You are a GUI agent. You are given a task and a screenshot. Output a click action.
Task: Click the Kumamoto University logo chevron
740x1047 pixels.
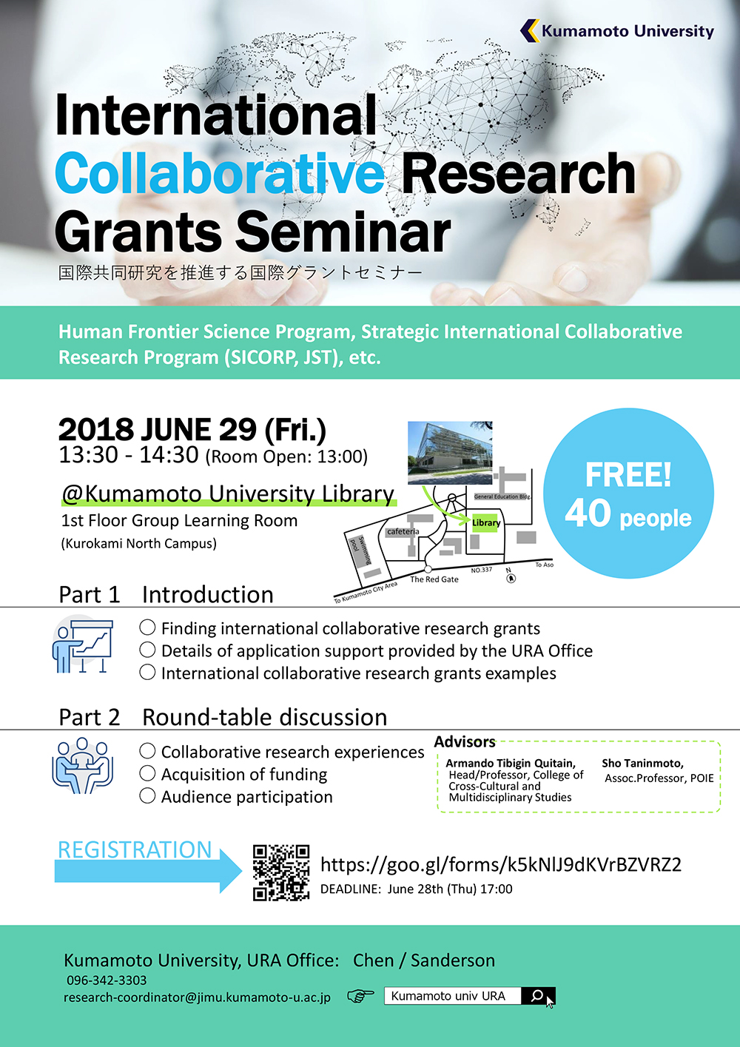coord(530,30)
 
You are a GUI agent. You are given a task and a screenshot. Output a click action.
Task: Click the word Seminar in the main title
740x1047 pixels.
coord(343,232)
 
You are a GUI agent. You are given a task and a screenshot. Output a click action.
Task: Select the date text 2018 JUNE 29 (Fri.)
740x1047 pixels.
coord(192,430)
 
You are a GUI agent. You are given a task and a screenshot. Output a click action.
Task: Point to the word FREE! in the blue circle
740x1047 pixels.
coord(628,474)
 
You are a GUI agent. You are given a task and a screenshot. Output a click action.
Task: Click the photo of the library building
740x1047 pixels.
coord(450,452)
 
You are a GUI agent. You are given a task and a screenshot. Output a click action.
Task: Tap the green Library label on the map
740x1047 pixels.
coord(485,522)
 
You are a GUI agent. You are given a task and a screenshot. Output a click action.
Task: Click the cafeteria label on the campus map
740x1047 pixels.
coord(403,531)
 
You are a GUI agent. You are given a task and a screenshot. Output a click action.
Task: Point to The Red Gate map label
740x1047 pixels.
coord(434,579)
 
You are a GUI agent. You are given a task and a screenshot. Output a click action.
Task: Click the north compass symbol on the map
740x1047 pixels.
coord(511,578)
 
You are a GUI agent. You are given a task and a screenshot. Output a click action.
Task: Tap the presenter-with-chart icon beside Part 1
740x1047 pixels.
coord(82,646)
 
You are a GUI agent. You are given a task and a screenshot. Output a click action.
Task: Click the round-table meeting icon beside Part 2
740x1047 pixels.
coord(82,766)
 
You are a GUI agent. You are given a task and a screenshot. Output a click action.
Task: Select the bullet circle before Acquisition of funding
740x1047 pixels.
coord(147,773)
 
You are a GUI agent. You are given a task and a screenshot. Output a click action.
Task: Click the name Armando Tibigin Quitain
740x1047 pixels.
coord(510,764)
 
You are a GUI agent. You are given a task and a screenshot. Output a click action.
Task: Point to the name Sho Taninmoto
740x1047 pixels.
coord(642,764)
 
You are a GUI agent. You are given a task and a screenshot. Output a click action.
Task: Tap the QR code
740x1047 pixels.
coord(281,872)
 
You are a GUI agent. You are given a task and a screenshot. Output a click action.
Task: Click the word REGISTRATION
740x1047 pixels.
coord(135,849)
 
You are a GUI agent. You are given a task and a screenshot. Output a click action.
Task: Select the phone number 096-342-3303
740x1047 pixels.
coord(107,980)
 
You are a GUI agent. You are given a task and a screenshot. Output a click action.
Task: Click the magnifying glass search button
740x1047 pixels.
coord(537,996)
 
